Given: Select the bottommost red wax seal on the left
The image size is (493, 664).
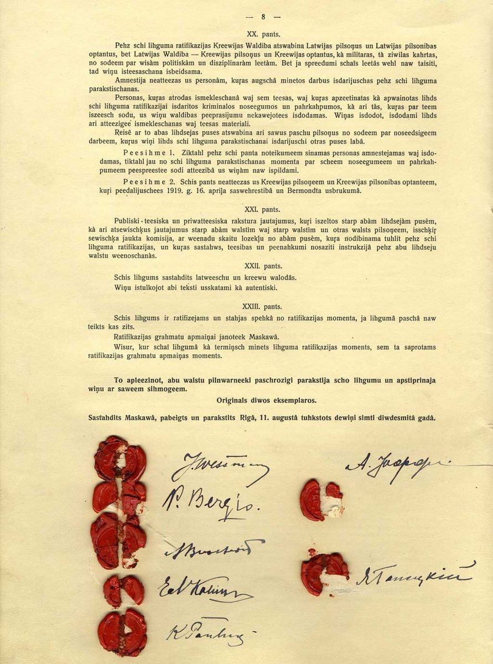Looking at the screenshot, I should click(x=122, y=631).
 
